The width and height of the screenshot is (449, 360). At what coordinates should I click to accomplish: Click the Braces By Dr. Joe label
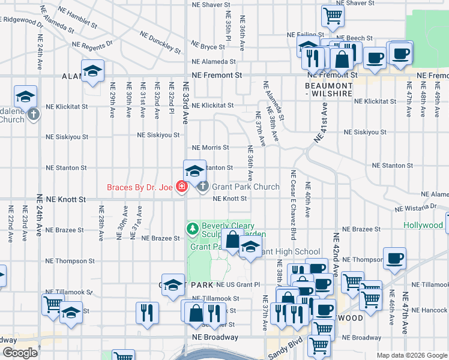point(140,187)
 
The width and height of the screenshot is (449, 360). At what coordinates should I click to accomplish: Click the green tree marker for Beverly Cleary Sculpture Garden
point(192,229)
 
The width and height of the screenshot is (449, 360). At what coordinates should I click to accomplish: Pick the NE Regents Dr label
point(92,44)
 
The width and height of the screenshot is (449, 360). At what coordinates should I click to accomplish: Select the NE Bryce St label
point(208,46)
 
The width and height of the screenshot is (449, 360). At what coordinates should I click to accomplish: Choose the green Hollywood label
point(423,226)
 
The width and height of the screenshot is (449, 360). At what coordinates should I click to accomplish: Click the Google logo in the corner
point(19,353)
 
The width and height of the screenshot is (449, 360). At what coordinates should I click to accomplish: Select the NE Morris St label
point(210,147)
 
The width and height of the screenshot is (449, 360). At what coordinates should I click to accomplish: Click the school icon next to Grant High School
point(250,247)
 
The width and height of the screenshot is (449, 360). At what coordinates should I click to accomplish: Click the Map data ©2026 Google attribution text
point(412,355)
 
